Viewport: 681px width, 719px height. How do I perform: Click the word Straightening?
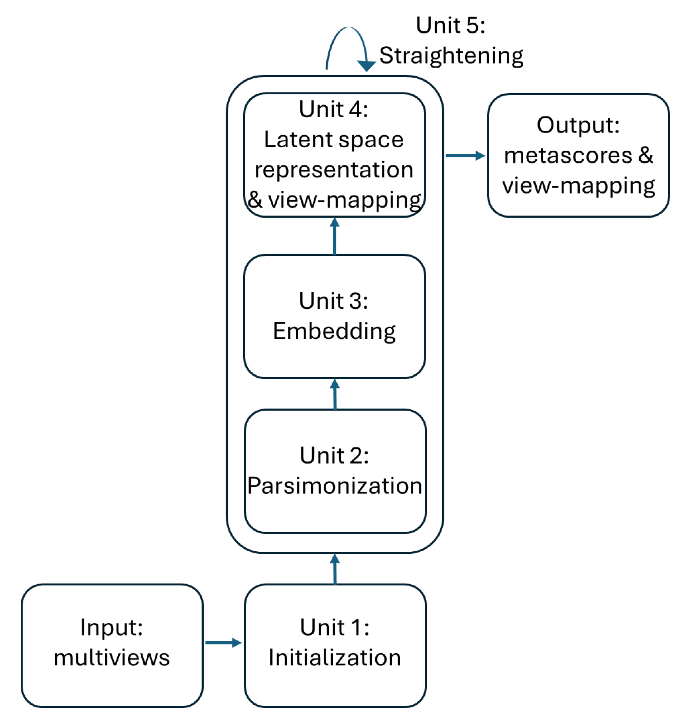[x=451, y=56]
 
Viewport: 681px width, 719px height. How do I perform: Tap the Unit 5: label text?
[x=450, y=26]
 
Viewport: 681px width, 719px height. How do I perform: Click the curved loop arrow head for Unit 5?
[x=366, y=66]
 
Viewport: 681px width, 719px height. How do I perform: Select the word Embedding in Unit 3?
[x=334, y=331]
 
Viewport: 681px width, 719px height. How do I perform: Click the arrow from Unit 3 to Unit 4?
[x=334, y=236]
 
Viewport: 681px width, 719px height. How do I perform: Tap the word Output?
[x=578, y=125]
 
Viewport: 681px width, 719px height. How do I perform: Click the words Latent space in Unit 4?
[x=334, y=140]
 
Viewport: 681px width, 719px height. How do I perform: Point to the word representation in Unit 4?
[x=334, y=170]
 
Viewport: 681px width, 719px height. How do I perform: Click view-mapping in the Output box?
[x=578, y=186]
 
